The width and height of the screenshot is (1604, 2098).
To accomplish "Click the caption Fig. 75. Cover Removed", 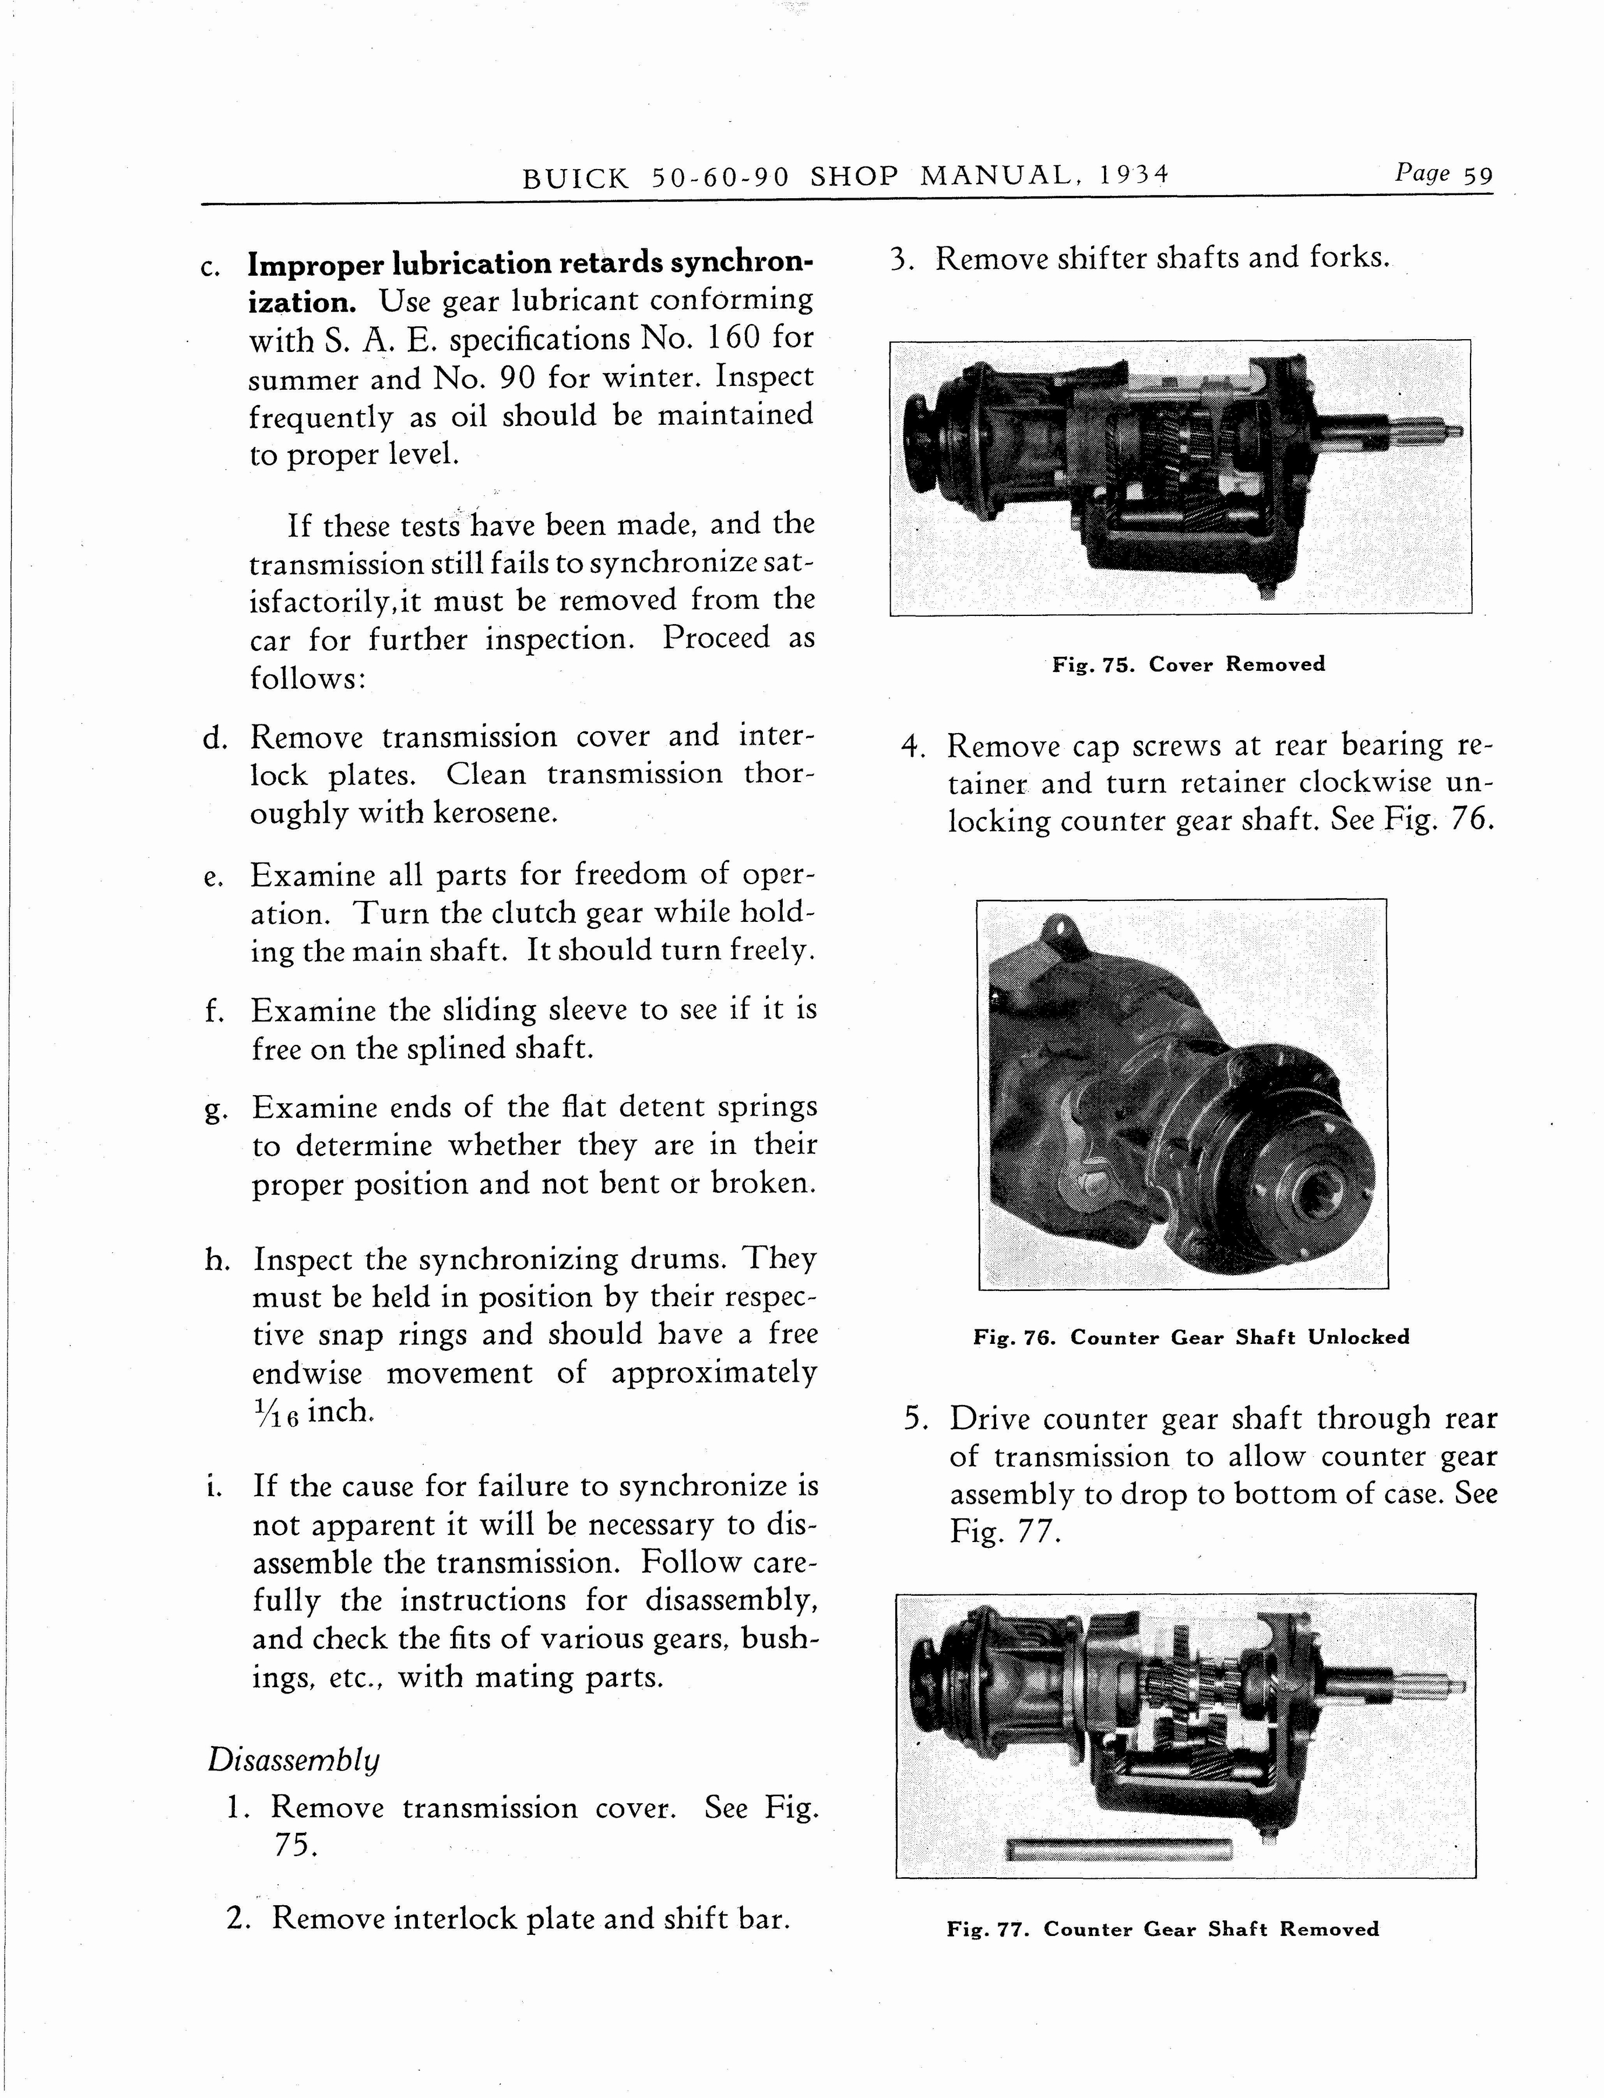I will pos(1188,664).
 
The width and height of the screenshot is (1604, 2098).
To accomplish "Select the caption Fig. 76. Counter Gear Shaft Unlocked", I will pos(1191,1337).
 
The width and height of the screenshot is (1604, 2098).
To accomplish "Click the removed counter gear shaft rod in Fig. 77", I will pos(1119,1851).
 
